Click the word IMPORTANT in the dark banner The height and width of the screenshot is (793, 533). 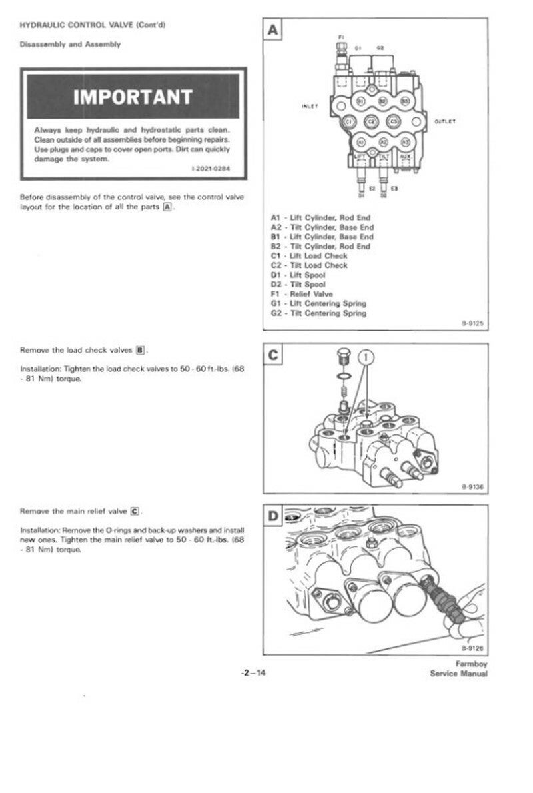pyautogui.click(x=133, y=97)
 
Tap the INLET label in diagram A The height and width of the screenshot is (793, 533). pyautogui.click(x=310, y=106)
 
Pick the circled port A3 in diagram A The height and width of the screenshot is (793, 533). pyautogui.click(x=404, y=142)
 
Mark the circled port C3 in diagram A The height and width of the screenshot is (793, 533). pyautogui.click(x=394, y=122)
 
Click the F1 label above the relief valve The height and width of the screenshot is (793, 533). pyautogui.click(x=341, y=37)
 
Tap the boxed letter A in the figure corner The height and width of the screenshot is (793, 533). pyautogui.click(x=274, y=31)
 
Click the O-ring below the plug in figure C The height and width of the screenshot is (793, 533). pyautogui.click(x=342, y=382)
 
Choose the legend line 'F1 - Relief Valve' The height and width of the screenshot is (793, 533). pyautogui.click(x=302, y=294)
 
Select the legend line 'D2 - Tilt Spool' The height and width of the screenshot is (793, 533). pyautogui.click(x=298, y=285)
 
